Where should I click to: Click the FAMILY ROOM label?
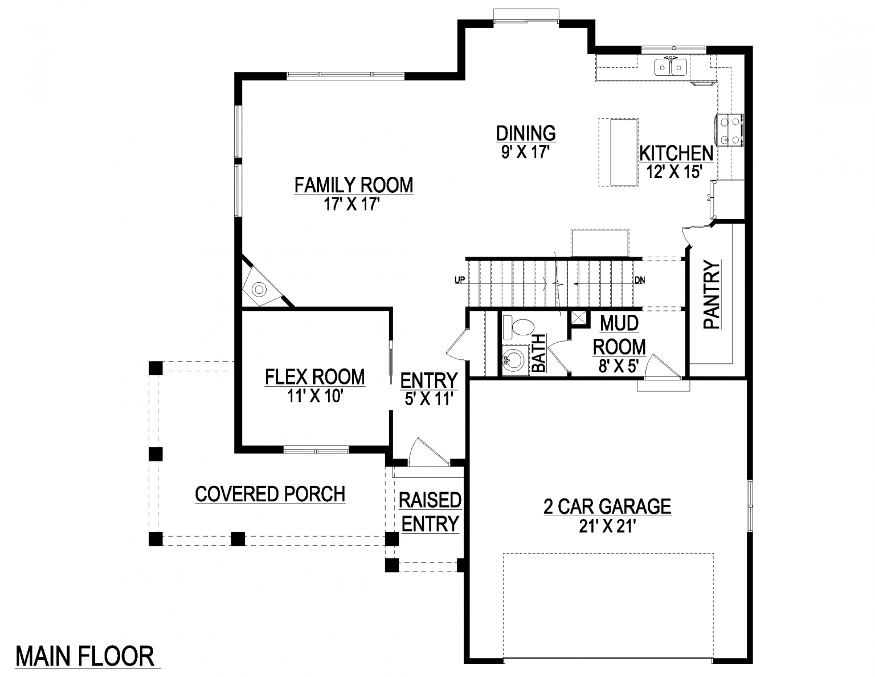[x=353, y=185]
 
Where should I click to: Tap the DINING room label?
[x=525, y=133]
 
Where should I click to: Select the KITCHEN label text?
[x=676, y=153]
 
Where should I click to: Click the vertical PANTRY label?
[x=712, y=295]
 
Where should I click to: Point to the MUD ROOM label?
[x=619, y=335]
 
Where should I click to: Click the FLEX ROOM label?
[x=314, y=377]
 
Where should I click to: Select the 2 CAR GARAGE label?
[x=607, y=506]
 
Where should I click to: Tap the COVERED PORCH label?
[x=270, y=494]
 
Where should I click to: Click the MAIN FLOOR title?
[x=85, y=656]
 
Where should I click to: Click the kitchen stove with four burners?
[x=730, y=131]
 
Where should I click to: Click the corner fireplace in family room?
[x=259, y=289]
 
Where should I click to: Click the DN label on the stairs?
[x=640, y=280]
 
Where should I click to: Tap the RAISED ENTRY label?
[x=430, y=512]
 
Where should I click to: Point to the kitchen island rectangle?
[x=624, y=152]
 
